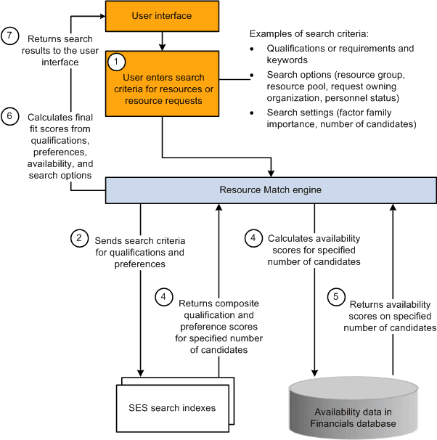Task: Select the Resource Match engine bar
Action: point(271,190)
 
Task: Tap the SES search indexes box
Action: point(172,408)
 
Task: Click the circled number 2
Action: point(80,237)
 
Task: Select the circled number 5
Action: point(335,296)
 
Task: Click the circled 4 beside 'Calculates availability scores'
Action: point(253,237)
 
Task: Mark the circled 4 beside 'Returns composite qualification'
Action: point(163,296)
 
